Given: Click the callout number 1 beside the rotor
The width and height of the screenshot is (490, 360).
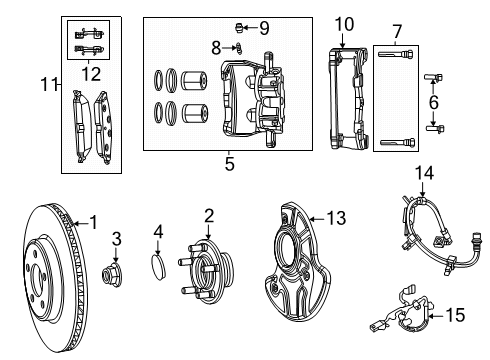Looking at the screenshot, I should [x=95, y=222].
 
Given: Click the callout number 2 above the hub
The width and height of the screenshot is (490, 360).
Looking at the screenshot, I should [x=208, y=214].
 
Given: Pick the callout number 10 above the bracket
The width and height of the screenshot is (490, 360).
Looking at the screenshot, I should [x=344, y=23].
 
